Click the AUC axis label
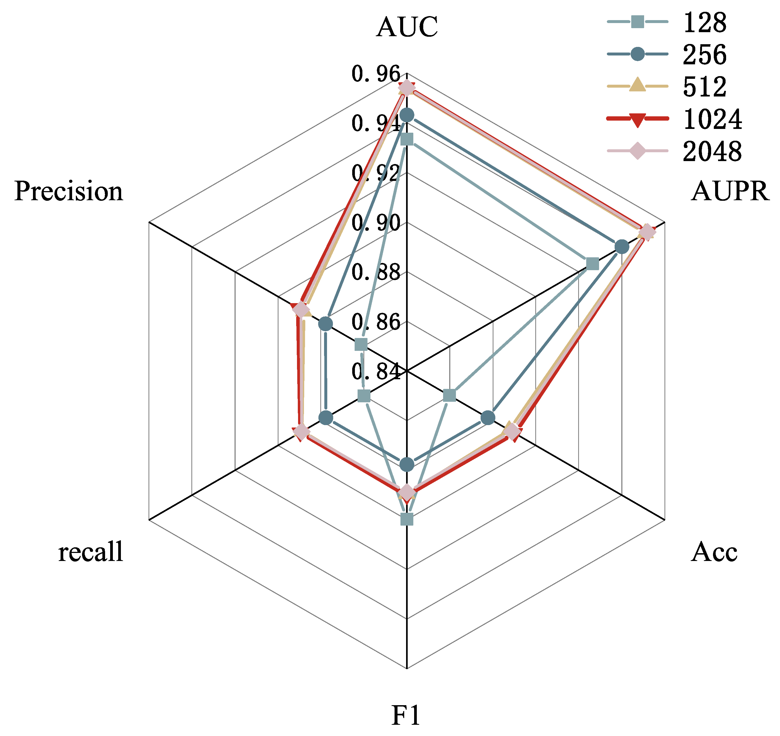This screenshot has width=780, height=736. coord(407,27)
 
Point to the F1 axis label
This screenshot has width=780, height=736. coord(406,715)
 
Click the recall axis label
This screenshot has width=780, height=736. coord(91,552)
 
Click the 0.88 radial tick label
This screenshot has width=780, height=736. coord(376,272)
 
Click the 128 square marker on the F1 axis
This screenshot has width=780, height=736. coord(407,519)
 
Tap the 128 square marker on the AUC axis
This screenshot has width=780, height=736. coord(407,139)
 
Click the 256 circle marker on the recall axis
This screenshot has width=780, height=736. coord(326,418)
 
